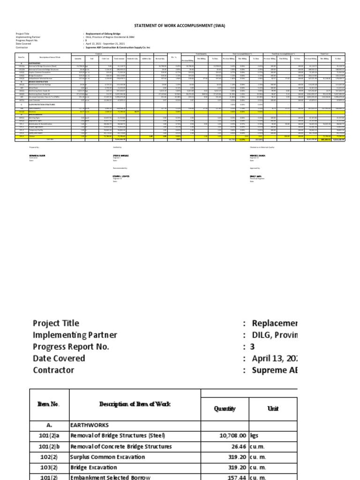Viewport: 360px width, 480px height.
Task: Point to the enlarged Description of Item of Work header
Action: click(x=134, y=405)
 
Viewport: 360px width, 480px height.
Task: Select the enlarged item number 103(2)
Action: click(x=48, y=468)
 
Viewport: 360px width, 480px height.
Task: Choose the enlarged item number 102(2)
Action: click(x=48, y=457)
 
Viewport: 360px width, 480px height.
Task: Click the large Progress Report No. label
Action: click(x=71, y=346)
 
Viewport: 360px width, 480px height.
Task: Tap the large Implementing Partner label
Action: click(x=75, y=335)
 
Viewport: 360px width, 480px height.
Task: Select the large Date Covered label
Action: click(x=59, y=358)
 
